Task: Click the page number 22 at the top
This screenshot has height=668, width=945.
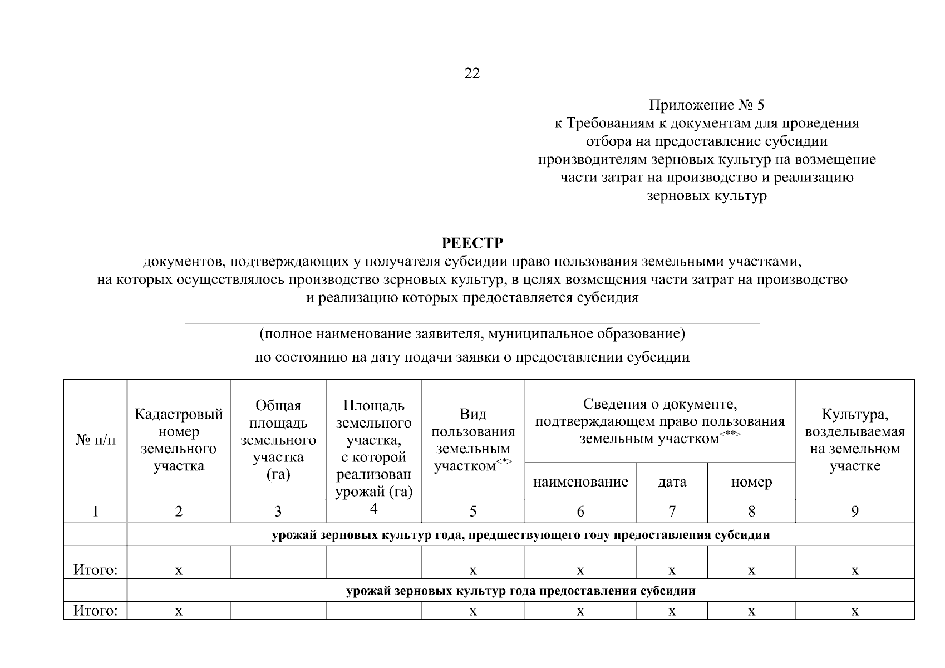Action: pyautogui.click(x=472, y=73)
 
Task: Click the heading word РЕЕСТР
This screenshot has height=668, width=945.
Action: pyautogui.click(x=472, y=243)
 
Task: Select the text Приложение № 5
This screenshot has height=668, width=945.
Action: pyautogui.click(x=707, y=105)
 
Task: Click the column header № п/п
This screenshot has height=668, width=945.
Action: pyautogui.click(x=96, y=440)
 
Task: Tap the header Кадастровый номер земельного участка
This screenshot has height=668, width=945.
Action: pyautogui.click(x=179, y=440)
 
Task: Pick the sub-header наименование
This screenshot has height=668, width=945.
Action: pyautogui.click(x=580, y=482)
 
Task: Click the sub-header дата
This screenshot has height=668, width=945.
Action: pyautogui.click(x=672, y=482)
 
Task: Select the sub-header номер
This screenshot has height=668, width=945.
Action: pyautogui.click(x=751, y=482)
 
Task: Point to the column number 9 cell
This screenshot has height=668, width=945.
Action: pyautogui.click(x=855, y=511)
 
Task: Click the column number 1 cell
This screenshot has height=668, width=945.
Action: pyautogui.click(x=96, y=511)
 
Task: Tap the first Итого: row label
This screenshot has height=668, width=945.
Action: pyautogui.click(x=96, y=570)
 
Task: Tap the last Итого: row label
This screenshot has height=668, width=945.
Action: pyautogui.click(x=96, y=611)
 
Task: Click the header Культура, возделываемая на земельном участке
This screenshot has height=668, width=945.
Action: pyautogui.click(x=855, y=440)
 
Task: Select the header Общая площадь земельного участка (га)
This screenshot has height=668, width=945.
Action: pyautogui.click(x=278, y=440)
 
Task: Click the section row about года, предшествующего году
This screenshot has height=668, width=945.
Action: pyautogui.click(x=520, y=535)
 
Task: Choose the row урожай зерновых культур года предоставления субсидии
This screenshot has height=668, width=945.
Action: pyautogui.click(x=520, y=591)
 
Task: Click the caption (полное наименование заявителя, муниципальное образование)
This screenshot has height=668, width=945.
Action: pyautogui.click(x=472, y=334)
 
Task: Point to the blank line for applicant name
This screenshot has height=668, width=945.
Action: pyautogui.click(x=472, y=321)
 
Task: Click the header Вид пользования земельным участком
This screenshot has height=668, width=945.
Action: pyautogui.click(x=473, y=440)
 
